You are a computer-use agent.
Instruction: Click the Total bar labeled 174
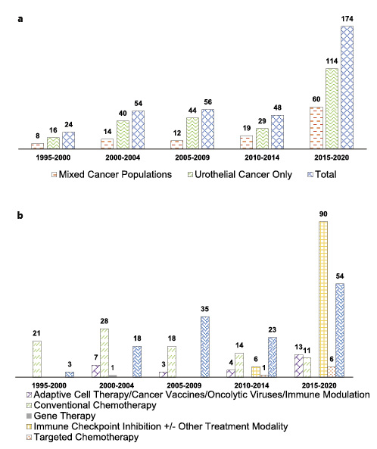tap(346, 87)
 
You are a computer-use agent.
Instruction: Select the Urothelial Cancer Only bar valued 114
tap(330, 108)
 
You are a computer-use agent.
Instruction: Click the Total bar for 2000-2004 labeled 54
tap(137, 129)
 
